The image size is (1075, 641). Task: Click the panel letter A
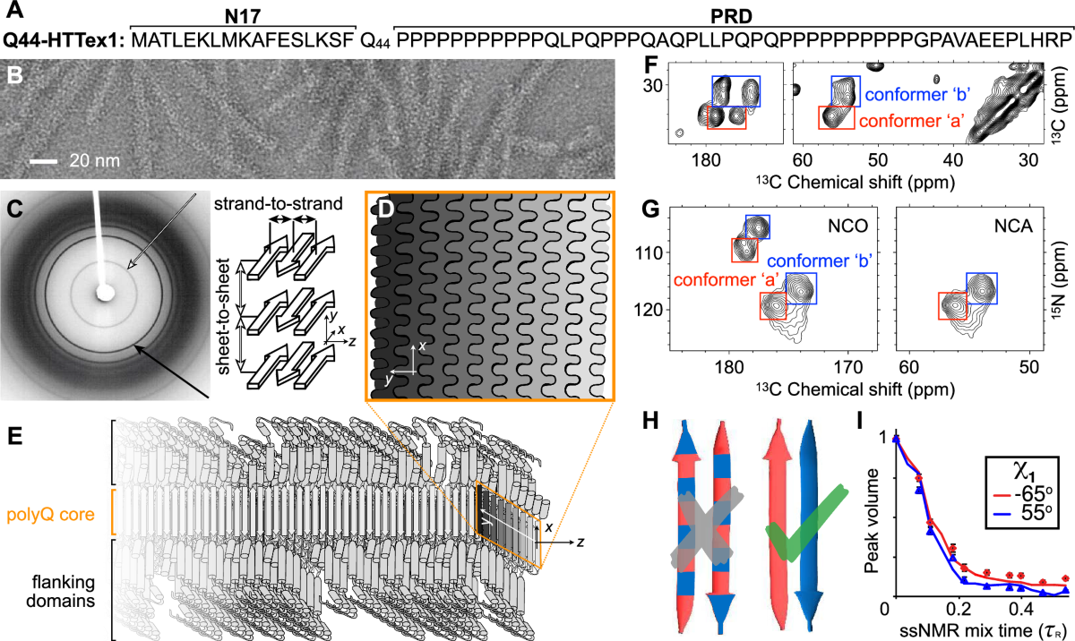(13, 14)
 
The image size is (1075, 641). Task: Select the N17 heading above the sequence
(243, 15)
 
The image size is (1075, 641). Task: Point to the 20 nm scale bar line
(44, 162)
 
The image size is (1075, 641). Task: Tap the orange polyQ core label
(51, 511)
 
